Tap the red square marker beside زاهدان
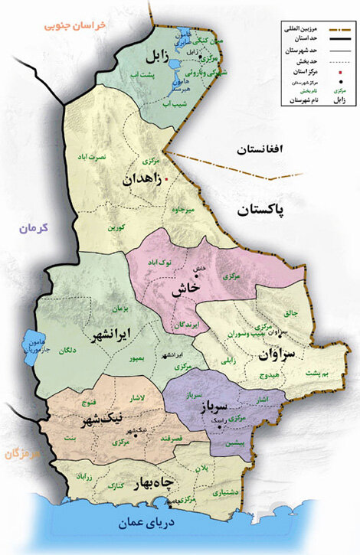point(165,180)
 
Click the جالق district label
point(293,312)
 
